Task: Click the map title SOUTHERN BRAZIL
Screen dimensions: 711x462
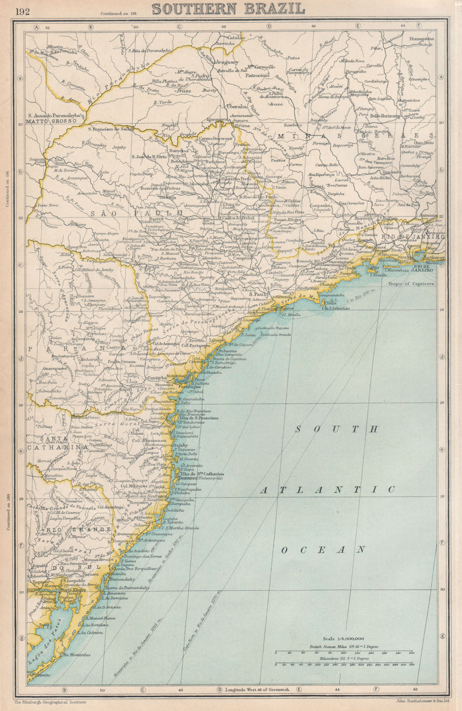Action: pos(228,8)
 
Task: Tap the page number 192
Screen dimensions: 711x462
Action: pos(23,11)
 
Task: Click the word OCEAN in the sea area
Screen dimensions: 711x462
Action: pos(324,550)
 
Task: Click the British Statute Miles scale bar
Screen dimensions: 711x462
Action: pos(344,653)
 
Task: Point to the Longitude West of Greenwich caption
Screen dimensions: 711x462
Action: pos(257,689)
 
